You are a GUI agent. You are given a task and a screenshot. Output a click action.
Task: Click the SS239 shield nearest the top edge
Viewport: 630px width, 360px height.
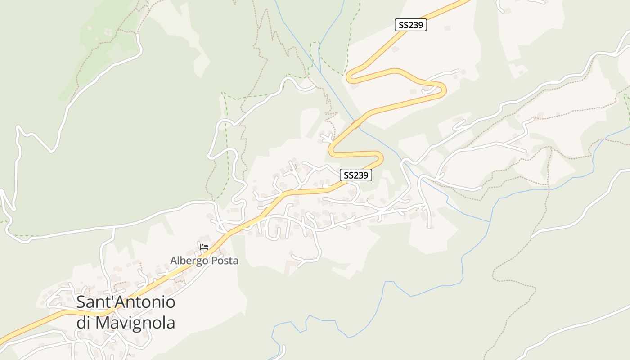tap(410, 25)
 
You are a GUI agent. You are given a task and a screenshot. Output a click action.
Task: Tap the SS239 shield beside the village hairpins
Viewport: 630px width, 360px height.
tap(355, 175)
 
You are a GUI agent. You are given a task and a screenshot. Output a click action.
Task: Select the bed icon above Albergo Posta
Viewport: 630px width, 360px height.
tap(204, 247)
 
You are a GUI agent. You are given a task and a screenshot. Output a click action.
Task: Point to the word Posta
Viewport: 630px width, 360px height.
tap(224, 261)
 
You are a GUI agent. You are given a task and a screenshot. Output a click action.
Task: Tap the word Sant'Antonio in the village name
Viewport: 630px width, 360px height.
tap(126, 302)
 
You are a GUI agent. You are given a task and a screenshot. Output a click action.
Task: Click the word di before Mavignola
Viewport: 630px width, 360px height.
tap(84, 323)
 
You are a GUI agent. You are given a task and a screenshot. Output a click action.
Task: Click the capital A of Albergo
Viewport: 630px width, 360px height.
tap(174, 261)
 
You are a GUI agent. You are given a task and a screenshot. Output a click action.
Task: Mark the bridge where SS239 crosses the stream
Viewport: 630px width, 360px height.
tap(356, 122)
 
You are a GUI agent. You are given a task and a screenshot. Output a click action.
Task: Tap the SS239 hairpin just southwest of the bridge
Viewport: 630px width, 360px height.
tap(331, 148)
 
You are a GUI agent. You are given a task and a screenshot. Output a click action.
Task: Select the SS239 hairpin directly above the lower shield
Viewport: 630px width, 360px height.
tap(381, 157)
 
